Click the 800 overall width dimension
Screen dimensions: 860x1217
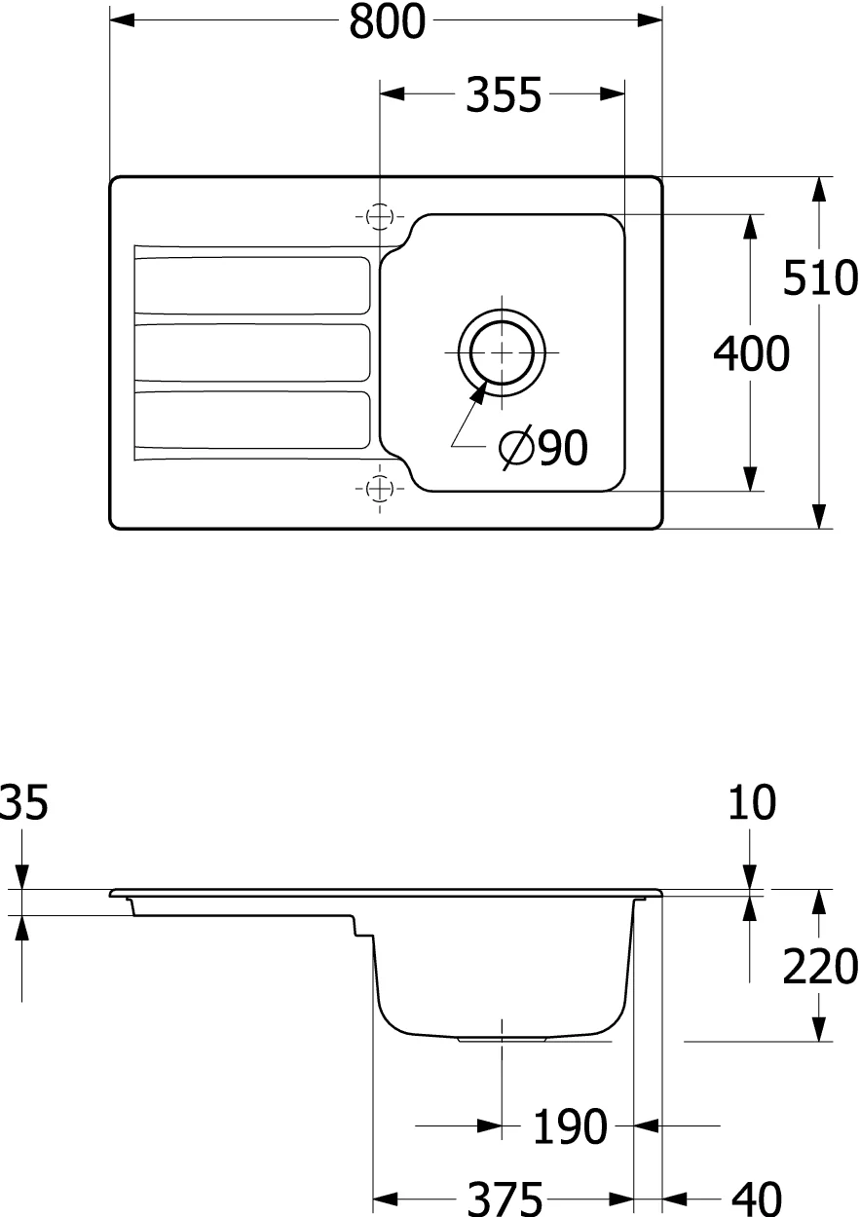pyautogui.click(x=387, y=21)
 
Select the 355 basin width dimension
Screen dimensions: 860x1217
pyautogui.click(x=504, y=94)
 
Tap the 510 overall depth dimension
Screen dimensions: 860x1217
pyautogui.click(x=820, y=277)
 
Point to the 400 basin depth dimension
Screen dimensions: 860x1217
pyautogui.click(x=751, y=353)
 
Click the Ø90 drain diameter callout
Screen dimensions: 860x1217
pyautogui.click(x=543, y=448)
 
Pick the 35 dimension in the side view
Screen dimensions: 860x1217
pyautogui.click(x=24, y=802)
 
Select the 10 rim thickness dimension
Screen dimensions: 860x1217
pyautogui.click(x=752, y=802)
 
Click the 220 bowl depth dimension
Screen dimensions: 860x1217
pyautogui.click(x=820, y=966)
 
